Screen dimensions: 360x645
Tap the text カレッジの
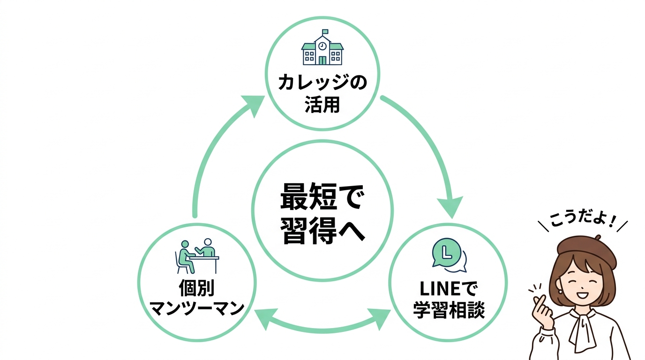coord(322,83)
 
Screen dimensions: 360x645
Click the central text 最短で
coord(322,197)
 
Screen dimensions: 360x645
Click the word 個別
coord(197,288)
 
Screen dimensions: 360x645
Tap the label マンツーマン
coord(197,309)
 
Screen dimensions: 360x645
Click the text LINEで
coord(449,288)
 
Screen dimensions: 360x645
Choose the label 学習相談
coord(449,310)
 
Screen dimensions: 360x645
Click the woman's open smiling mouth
coord(581,296)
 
